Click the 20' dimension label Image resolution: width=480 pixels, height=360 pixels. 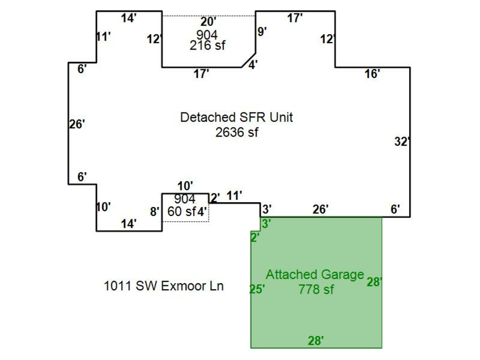(x=208, y=22)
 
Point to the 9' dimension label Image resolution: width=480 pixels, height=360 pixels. (x=262, y=31)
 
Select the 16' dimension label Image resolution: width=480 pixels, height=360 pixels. (x=372, y=74)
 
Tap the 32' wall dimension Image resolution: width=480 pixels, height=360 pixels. (x=401, y=142)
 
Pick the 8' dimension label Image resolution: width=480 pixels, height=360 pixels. (x=155, y=212)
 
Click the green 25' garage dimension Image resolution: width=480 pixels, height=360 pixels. (x=257, y=289)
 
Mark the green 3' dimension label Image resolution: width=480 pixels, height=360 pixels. (x=266, y=224)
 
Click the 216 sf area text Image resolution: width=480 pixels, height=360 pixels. (x=207, y=46)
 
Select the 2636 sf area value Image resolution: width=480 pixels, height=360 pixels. (x=237, y=132)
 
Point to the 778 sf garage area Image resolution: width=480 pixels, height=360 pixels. (x=316, y=289)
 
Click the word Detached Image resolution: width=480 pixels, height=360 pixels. (x=205, y=117)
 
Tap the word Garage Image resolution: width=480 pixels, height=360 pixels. (x=343, y=275)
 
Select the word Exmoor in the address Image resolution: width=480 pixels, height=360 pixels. (x=181, y=286)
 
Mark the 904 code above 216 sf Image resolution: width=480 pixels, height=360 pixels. (x=207, y=35)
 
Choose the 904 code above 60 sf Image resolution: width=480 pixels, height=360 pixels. (x=185, y=199)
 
